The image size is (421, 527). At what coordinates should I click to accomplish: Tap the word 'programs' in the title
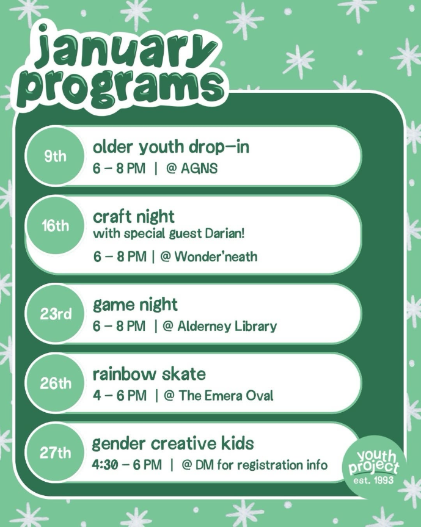[x=121, y=87]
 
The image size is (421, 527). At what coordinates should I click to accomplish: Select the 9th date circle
[x=55, y=156]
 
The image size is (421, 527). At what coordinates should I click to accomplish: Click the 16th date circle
[x=55, y=225]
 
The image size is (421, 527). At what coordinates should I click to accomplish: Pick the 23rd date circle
[x=55, y=314]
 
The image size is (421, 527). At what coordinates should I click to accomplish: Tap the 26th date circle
[x=55, y=383]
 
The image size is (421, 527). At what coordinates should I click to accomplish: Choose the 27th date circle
[x=55, y=452]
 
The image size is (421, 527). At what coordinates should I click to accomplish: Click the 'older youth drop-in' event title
[x=171, y=147]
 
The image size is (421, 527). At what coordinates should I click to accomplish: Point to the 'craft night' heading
[x=133, y=217]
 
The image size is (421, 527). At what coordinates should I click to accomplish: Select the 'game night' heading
[x=135, y=305]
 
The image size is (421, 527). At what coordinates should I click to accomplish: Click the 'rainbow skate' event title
[x=149, y=374]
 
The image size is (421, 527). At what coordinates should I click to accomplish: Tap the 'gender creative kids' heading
[x=173, y=444]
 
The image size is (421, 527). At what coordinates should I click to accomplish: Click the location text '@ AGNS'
[x=192, y=168]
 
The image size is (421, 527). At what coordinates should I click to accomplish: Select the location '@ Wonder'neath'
[x=209, y=256]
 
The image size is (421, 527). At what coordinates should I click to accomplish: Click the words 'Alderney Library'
[x=227, y=326]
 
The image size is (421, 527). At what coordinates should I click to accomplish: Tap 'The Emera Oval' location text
[x=225, y=395]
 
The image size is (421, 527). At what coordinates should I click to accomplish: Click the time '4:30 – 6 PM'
[x=126, y=465]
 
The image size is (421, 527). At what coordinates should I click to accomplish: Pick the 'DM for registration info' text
[x=262, y=465]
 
